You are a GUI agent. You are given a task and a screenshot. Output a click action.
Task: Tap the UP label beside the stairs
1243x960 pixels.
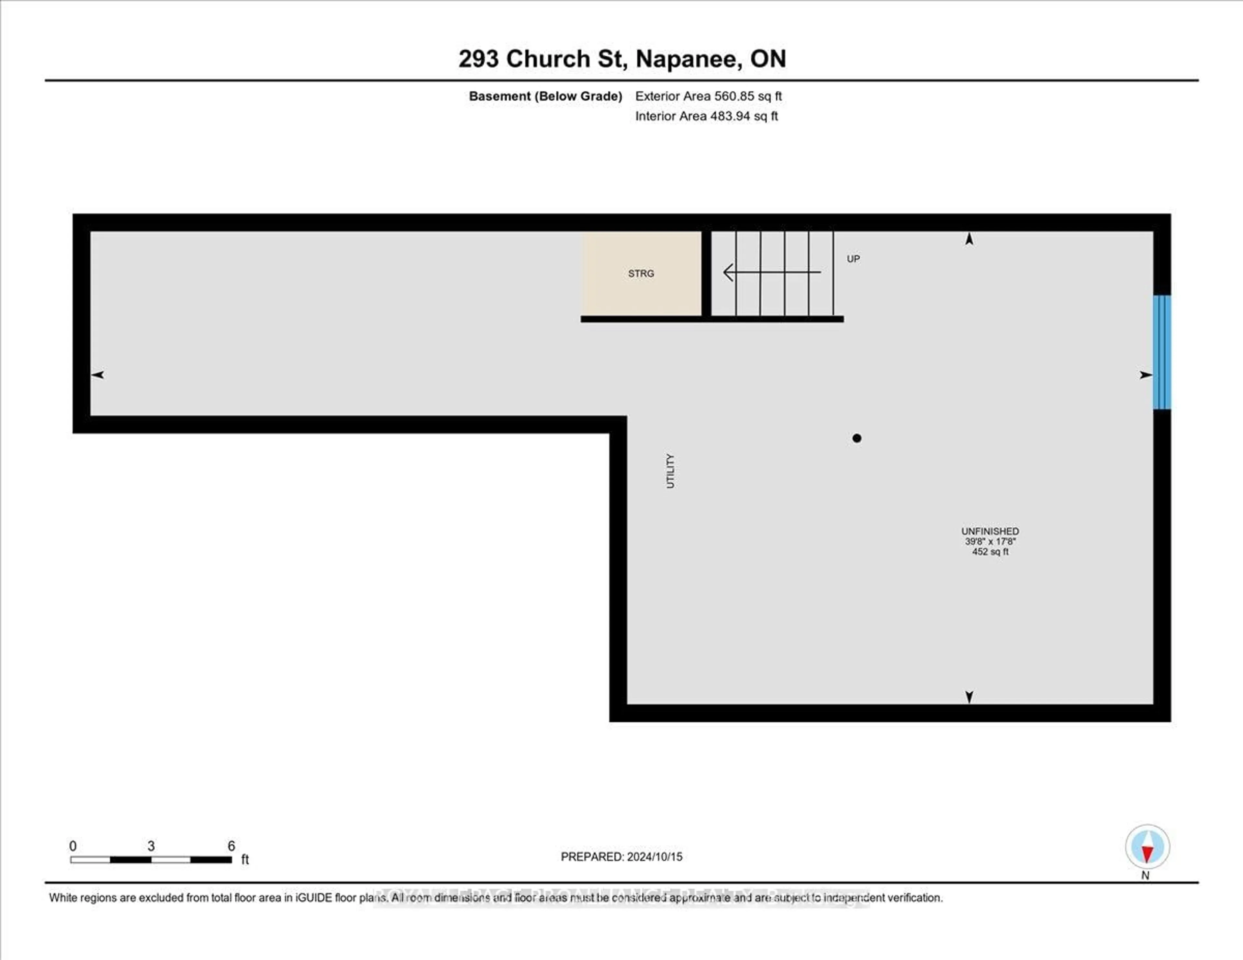(853, 259)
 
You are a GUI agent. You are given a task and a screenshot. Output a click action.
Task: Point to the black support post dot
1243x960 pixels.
(857, 438)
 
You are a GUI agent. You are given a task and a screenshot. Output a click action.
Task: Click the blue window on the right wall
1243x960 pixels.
(1162, 352)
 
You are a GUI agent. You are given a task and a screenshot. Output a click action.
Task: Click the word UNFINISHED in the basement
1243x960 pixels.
(990, 531)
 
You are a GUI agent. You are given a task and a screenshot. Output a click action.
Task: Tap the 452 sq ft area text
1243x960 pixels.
(990, 552)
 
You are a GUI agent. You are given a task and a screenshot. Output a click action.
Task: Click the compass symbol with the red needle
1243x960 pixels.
(1147, 847)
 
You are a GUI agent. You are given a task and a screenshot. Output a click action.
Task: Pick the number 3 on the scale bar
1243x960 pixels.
(151, 846)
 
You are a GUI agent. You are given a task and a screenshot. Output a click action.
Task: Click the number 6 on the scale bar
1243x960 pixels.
(231, 846)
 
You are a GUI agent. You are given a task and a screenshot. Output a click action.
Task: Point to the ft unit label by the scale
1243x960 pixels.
(245, 859)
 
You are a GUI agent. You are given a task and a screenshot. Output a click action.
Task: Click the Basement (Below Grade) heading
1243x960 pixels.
(545, 96)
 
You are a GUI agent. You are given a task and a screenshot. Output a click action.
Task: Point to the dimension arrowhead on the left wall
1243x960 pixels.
(97, 374)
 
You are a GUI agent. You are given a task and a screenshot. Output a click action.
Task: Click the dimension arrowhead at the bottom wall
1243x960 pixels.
(969, 697)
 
